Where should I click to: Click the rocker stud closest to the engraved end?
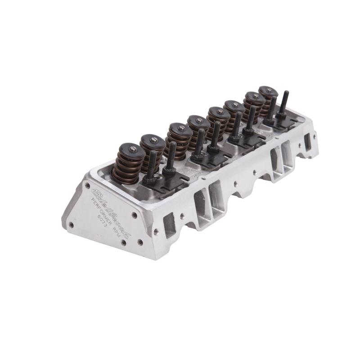click(151, 164)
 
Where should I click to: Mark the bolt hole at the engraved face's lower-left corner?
click(71, 224)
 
